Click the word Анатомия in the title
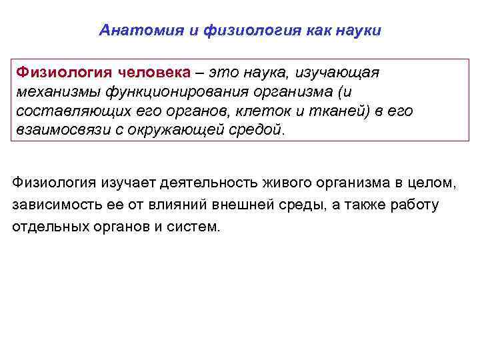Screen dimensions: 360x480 [x=131, y=31]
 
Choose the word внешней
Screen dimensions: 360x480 [x=271, y=204]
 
